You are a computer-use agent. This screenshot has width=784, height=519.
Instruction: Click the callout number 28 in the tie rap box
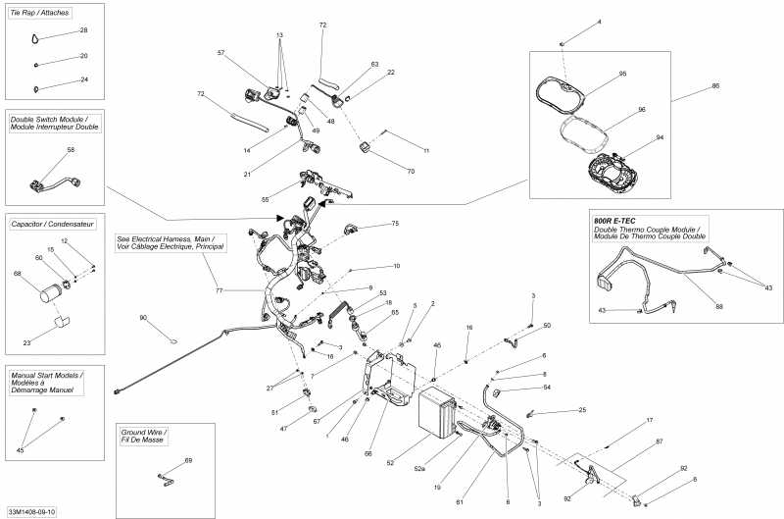84,30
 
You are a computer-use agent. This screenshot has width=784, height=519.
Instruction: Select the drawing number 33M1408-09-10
32,511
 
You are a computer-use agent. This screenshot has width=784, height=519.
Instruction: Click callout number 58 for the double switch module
71,150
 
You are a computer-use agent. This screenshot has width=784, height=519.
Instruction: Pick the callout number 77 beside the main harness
220,291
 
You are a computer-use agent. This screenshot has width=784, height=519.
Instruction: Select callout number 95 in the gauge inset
622,74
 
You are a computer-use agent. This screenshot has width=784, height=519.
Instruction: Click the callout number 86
715,87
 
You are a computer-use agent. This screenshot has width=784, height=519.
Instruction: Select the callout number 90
143,318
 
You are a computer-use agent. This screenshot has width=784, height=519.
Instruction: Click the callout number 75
395,224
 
